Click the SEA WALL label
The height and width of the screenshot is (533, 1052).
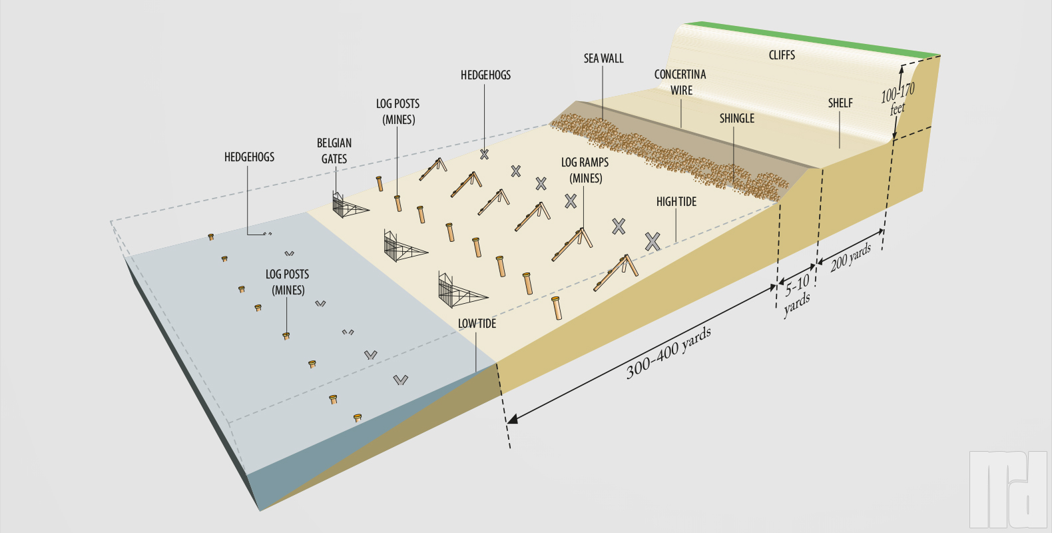tap(603, 59)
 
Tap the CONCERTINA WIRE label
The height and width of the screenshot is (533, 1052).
tap(680, 83)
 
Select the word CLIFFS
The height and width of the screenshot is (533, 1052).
tap(782, 55)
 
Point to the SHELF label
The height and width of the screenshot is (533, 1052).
tap(840, 103)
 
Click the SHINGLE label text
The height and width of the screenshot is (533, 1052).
tap(736, 119)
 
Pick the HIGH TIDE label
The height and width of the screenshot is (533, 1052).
tap(676, 202)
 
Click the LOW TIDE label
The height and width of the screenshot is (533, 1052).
tap(477, 324)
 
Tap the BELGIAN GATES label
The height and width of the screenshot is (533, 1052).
tap(334, 151)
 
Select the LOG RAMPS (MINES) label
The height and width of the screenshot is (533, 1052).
tap(585, 171)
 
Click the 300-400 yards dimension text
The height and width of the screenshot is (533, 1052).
tap(668, 354)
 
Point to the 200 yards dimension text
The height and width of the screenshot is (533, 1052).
tap(851, 257)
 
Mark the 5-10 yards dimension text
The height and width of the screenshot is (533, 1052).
tap(797, 294)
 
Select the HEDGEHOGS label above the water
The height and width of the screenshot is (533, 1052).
tap(249, 157)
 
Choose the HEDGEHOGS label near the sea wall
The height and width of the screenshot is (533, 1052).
tap(485, 75)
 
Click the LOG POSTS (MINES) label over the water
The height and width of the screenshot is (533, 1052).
tap(287, 282)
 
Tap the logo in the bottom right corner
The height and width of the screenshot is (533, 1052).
tap(1007, 489)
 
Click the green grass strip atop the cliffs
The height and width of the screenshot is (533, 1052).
tap(812, 39)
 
